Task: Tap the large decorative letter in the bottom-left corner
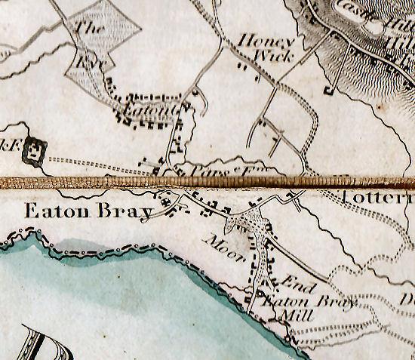tap(34, 343)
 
